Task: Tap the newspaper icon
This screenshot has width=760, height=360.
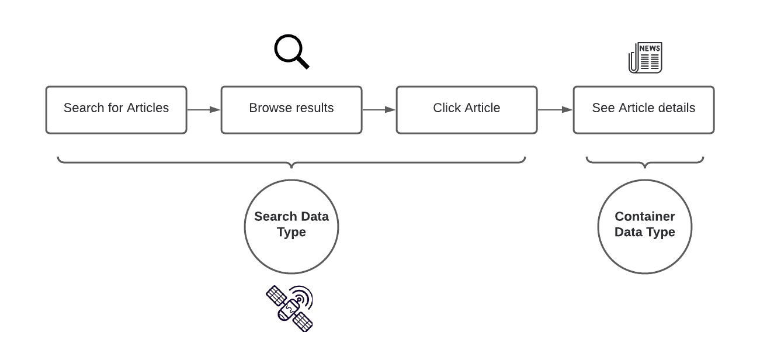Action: pos(645,58)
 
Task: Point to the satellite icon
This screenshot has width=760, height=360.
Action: pos(290,309)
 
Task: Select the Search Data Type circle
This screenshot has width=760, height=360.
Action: pos(291,245)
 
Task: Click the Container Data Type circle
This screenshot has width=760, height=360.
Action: pos(644,251)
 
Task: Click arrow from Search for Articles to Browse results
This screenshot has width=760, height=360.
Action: pos(203,109)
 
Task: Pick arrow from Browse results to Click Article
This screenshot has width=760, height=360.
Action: pos(379,109)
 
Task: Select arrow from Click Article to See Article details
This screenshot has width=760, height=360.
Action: pos(554,109)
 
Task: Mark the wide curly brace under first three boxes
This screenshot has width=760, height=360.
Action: pos(291,161)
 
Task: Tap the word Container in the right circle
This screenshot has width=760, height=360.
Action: pos(644,216)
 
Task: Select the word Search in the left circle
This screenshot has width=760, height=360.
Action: pos(276,216)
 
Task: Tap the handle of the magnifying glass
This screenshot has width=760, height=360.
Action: pos(302,62)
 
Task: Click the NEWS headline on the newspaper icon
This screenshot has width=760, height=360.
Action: pos(650,48)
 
